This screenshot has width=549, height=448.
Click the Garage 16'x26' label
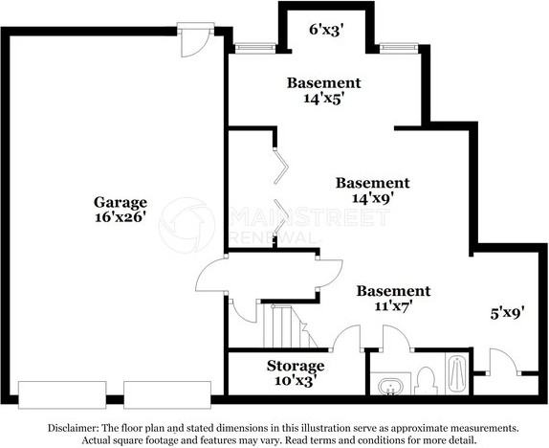[120, 210]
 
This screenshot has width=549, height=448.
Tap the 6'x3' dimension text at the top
[325, 29]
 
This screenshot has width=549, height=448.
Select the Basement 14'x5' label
[324, 90]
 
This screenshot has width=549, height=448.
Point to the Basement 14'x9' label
[372, 190]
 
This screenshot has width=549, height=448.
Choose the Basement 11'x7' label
[393, 299]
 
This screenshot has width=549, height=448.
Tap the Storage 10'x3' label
[295, 372]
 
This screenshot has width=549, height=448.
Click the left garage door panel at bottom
[62, 392]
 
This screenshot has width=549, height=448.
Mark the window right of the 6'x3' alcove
[397, 46]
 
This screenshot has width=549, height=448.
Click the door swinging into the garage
[211, 277]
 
